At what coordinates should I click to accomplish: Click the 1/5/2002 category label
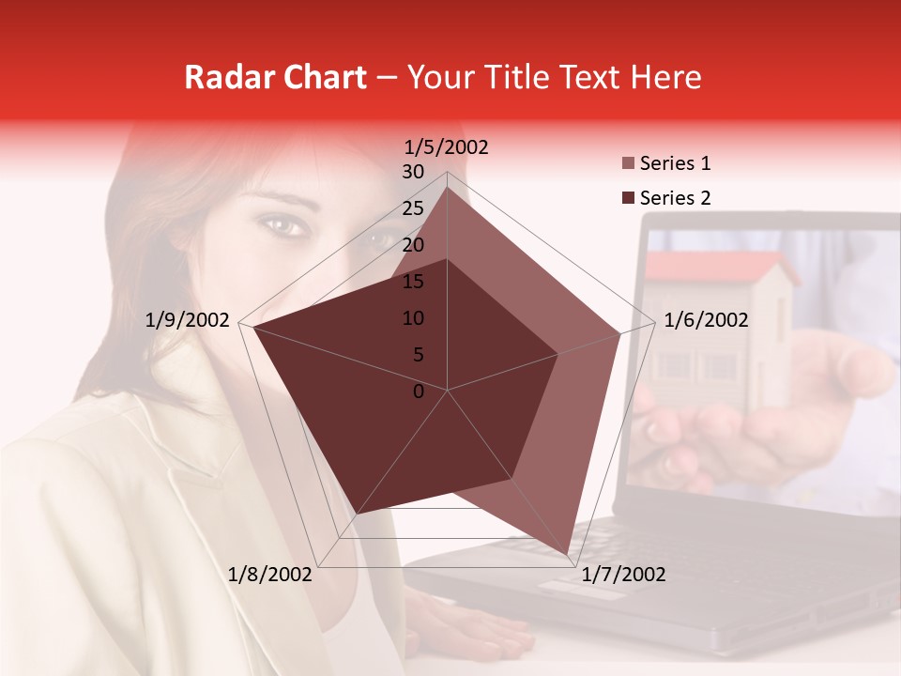447,147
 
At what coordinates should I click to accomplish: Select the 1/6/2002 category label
706,320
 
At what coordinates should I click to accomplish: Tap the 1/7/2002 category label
623,575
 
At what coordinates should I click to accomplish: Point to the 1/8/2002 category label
270,575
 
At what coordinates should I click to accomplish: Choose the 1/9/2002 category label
188,320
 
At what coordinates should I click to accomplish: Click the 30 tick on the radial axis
413,172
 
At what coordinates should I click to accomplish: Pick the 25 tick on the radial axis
413,208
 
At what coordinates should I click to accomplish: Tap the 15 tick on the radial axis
413,282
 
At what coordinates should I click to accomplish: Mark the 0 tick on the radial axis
419,392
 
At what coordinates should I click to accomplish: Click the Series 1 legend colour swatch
628,164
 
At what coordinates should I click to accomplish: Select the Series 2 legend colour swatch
628,198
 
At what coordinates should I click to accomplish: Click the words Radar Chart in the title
275,77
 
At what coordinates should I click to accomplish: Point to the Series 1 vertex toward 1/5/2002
448,188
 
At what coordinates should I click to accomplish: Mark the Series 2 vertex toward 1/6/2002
558,354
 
